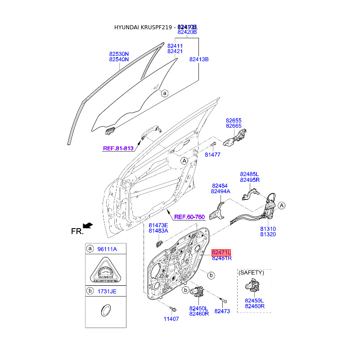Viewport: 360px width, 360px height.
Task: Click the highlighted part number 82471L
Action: tap(222, 252)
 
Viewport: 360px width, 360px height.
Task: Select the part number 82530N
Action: tap(119, 54)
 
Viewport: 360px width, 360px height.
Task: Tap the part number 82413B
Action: tap(199, 59)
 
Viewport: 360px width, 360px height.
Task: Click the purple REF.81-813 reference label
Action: tap(118, 148)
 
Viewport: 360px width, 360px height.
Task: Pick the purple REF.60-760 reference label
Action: tap(189, 217)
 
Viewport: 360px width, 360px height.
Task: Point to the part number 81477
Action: tap(212, 154)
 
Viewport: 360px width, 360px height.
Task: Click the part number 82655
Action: tap(234, 121)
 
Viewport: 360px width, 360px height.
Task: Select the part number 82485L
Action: tap(249, 174)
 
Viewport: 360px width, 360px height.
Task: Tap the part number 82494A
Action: tap(220, 191)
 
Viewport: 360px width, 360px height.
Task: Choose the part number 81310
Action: tap(268, 229)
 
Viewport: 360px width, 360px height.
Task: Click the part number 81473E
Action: tap(158, 225)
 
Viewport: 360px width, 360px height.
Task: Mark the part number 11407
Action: tap(171, 319)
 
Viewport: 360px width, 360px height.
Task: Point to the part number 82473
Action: tap(222, 311)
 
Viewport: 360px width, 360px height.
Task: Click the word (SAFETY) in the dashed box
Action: tap(251, 273)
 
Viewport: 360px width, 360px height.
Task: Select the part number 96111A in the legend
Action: tap(108, 249)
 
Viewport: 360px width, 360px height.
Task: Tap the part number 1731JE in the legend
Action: tap(107, 291)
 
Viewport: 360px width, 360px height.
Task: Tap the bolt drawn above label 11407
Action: tap(172, 309)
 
